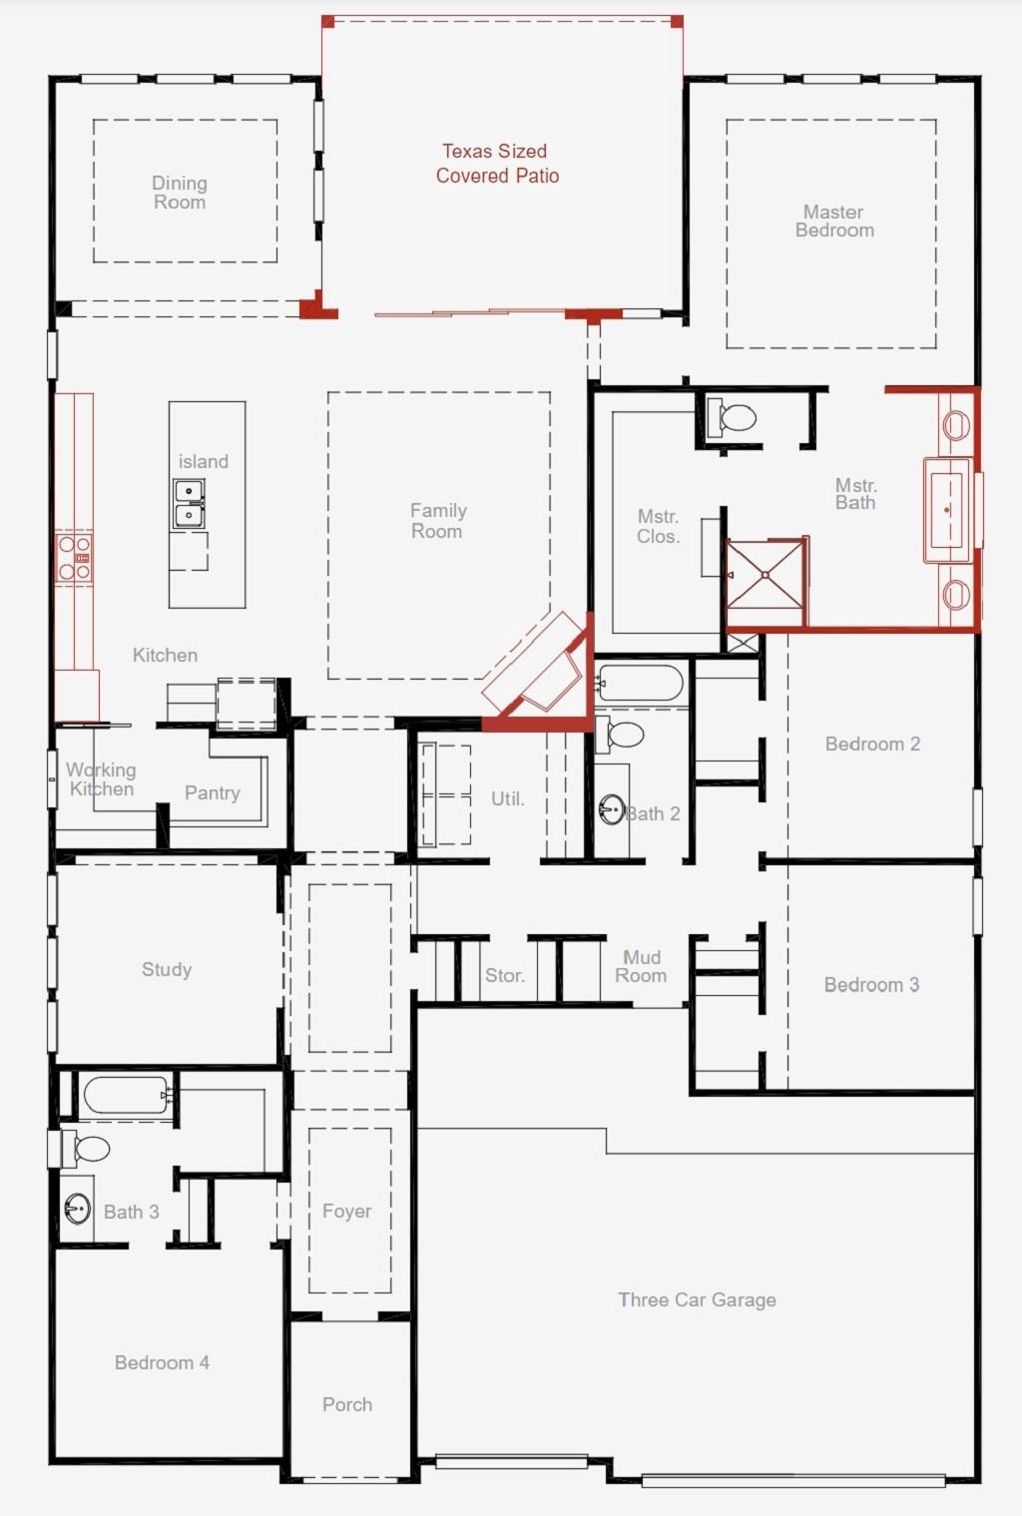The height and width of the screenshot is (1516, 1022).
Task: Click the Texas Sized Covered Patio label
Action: click(x=497, y=163)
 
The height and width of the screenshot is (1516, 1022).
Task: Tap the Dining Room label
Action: click(x=180, y=193)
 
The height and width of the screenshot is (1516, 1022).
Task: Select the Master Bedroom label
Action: click(x=833, y=222)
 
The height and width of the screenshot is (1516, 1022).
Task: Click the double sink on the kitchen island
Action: click(x=189, y=504)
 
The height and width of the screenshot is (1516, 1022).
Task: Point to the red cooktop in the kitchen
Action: click(x=75, y=557)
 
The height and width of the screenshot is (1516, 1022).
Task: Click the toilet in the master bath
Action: click(x=731, y=417)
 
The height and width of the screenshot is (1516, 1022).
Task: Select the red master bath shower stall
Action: click(x=766, y=582)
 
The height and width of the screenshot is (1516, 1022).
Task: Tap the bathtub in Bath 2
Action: click(x=641, y=683)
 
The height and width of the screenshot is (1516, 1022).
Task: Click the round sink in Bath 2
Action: click(x=612, y=808)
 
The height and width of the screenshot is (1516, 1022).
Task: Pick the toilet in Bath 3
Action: click(x=85, y=1148)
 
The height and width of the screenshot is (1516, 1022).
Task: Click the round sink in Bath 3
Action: click(x=77, y=1208)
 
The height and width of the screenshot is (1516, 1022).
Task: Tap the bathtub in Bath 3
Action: click(x=126, y=1095)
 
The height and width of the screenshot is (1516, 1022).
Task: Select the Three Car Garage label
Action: click(x=697, y=1300)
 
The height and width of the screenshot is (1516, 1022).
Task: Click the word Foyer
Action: click(x=346, y=1211)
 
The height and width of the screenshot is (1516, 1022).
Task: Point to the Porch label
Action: click(x=347, y=1404)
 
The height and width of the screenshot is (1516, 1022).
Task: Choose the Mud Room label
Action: click(x=641, y=966)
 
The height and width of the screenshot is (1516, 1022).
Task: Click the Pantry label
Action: click(x=213, y=793)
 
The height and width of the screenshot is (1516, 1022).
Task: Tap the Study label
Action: click(x=167, y=969)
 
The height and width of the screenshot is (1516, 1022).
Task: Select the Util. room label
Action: click(x=508, y=798)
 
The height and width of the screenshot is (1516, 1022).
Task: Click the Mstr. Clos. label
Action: click(x=658, y=527)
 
